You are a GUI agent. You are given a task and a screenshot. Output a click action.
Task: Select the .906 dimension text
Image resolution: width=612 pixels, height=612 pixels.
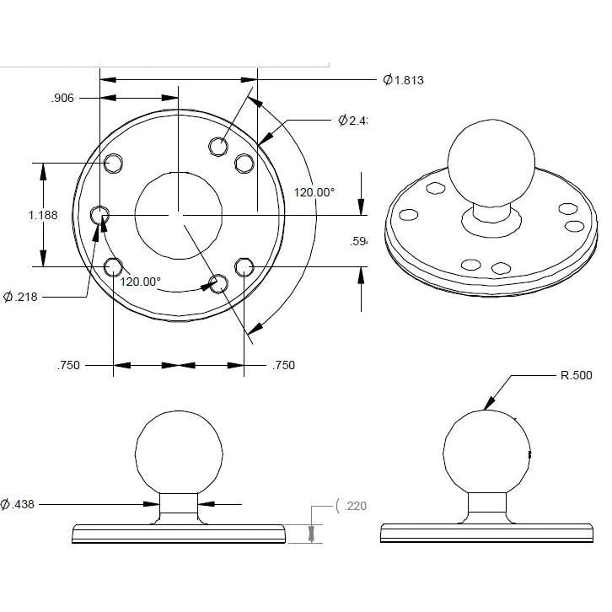pyautogui.click(x=62, y=99)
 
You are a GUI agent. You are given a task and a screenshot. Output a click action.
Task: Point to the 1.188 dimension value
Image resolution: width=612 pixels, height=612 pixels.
pyautogui.click(x=43, y=215)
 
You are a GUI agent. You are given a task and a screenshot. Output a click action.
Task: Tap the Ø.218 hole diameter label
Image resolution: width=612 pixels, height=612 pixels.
pyautogui.click(x=24, y=297)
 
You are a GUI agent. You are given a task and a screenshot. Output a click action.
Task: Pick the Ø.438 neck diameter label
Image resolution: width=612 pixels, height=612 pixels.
pyautogui.click(x=18, y=504)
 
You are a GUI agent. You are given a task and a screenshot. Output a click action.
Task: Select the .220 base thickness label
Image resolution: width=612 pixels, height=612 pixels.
pyautogui.click(x=353, y=506)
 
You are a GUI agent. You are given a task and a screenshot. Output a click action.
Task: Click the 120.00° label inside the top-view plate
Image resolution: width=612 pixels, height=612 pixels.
pyautogui.click(x=139, y=282)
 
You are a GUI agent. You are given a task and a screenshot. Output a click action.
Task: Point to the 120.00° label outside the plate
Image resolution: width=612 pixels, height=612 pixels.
pyautogui.click(x=314, y=192)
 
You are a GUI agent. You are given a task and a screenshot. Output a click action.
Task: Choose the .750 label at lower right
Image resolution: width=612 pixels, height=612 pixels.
pyautogui.click(x=284, y=366)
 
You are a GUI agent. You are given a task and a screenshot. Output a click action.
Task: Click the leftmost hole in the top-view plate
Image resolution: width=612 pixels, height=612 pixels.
pyautogui.click(x=100, y=215)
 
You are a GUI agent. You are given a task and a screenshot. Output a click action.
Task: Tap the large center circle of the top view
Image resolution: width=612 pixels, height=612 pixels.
pyautogui.click(x=178, y=215)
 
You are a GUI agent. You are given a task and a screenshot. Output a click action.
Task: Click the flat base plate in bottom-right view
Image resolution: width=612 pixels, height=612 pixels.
pyautogui.click(x=488, y=533)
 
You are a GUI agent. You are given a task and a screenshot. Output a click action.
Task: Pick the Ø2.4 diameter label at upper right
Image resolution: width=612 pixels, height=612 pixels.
pyautogui.click(x=353, y=121)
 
